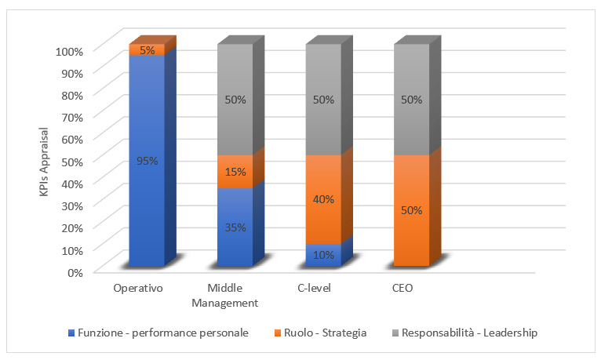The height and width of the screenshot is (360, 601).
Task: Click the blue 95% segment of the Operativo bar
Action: (147, 161)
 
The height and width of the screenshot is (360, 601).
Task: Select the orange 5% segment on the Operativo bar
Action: (147, 50)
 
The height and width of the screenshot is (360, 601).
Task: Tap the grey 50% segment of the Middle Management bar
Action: (235, 100)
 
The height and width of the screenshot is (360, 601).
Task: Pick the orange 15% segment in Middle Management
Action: (235, 171)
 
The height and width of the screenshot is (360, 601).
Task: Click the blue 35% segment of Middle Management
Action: (235, 227)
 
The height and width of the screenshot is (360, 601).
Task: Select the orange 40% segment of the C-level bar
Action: (323, 199)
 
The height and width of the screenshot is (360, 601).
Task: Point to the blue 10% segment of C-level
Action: (323, 255)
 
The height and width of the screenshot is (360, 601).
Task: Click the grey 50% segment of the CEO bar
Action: (411, 100)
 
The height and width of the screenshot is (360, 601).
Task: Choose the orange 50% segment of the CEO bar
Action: (411, 210)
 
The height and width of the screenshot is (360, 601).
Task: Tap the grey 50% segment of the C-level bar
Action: (323, 100)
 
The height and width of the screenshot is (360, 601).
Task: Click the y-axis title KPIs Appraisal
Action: (45, 162)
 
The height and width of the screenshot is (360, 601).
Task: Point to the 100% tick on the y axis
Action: (69, 51)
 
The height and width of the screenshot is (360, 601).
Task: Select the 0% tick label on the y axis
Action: (75, 272)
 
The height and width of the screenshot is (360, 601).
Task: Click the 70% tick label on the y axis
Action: (71, 117)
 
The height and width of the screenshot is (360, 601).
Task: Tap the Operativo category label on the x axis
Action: (138, 289)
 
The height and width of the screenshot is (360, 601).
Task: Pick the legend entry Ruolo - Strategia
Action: (322, 333)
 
